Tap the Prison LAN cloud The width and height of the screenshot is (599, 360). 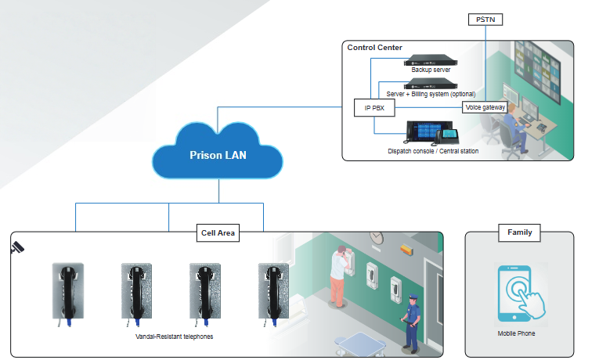tap(218, 154)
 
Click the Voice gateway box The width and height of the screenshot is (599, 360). tap(485, 106)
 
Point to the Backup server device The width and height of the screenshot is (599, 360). tap(431, 60)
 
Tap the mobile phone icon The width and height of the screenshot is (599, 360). tap(516, 293)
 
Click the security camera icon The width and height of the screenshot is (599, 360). tap(16, 248)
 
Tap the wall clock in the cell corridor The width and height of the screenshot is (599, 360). tap(377, 237)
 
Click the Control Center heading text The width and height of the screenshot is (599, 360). tap(374, 48)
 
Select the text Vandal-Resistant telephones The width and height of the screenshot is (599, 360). tap(174, 336)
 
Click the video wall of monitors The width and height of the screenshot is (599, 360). tap(539, 71)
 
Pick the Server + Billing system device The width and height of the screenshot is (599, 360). tap(431, 83)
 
